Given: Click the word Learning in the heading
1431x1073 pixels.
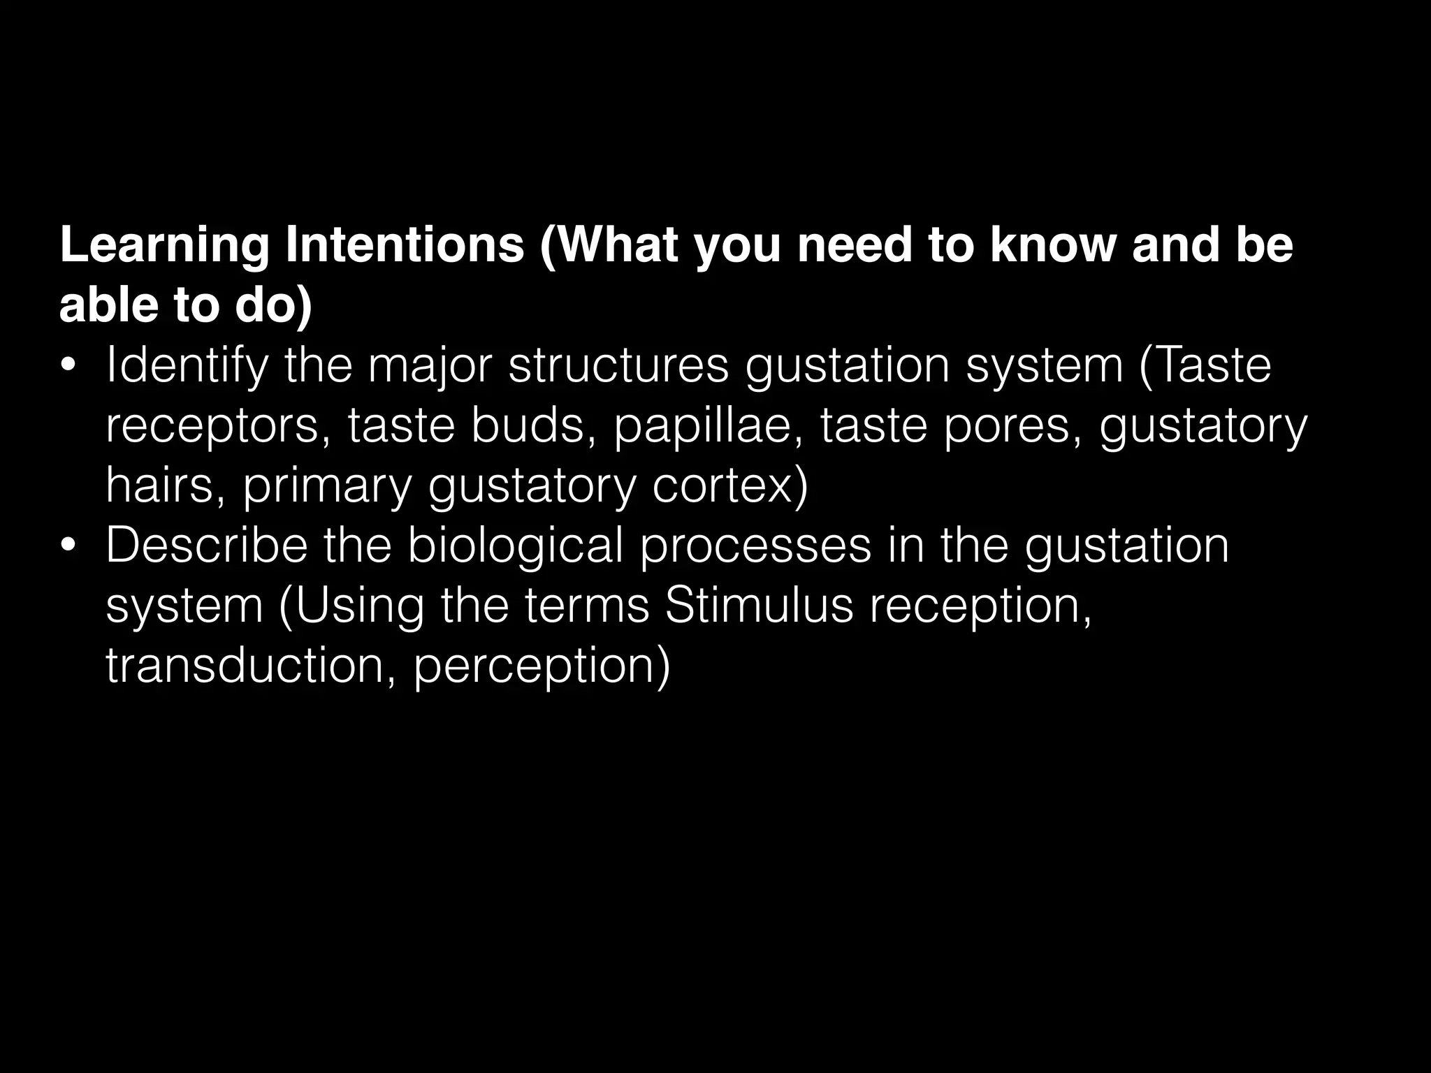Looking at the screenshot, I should [x=164, y=247].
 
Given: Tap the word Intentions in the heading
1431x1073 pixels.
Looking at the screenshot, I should [x=405, y=245].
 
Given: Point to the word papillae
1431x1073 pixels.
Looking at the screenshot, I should [x=709, y=427].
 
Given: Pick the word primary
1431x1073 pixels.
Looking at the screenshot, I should [x=327, y=487].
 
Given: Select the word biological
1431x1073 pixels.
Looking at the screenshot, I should [x=515, y=546].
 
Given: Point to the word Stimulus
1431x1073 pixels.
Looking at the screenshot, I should [x=759, y=605].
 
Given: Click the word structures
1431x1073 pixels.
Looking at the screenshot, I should [x=618, y=366].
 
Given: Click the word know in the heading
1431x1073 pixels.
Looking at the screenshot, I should [x=1052, y=245].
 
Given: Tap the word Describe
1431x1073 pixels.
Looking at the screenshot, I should [x=206, y=546].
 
